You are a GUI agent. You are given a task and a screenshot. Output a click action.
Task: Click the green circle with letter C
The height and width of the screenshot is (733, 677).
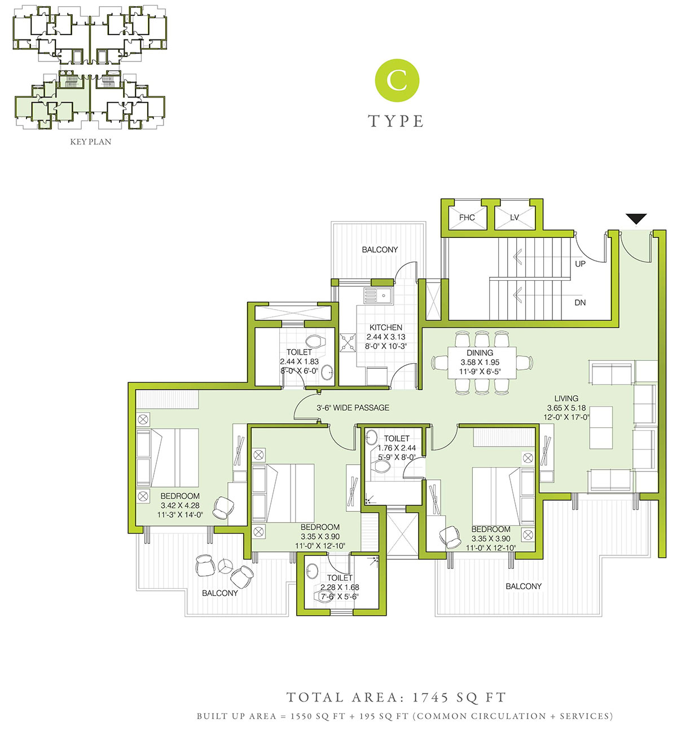click(x=397, y=81)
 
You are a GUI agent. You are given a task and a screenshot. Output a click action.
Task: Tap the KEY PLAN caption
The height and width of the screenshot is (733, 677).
click(x=90, y=142)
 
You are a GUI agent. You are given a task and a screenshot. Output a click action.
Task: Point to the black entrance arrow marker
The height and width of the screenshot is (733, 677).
click(x=636, y=219)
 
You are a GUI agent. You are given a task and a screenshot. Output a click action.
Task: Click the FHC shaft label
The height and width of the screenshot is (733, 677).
click(x=467, y=218)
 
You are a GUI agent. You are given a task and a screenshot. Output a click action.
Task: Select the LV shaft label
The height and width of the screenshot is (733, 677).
click(x=514, y=218)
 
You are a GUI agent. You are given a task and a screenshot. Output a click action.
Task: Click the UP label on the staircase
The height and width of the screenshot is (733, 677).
click(x=580, y=264)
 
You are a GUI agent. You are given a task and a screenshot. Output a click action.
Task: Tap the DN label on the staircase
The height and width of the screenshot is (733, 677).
click(x=580, y=303)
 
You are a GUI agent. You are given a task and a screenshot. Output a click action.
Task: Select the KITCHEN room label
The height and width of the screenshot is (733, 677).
click(x=385, y=328)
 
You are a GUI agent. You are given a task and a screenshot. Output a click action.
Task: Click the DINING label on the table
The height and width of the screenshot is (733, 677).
click(x=480, y=353)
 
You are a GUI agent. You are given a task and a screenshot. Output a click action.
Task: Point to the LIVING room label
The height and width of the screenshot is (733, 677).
click(x=566, y=399)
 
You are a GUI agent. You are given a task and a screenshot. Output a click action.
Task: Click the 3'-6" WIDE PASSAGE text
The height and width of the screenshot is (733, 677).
click(x=353, y=408)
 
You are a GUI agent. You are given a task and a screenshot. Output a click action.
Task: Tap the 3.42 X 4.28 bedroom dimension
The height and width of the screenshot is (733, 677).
click(x=180, y=506)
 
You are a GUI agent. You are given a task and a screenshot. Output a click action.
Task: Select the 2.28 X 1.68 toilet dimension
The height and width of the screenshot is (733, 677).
click(x=340, y=587)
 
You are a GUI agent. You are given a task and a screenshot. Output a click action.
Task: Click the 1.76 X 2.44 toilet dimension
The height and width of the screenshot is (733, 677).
click(x=396, y=448)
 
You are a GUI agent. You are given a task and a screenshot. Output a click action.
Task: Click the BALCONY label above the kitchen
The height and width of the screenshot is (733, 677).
click(x=380, y=250)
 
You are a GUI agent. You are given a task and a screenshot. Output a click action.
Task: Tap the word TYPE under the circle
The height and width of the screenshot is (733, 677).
click(x=395, y=121)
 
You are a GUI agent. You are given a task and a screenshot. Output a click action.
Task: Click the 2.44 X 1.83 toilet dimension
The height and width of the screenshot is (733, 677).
click(x=299, y=361)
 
